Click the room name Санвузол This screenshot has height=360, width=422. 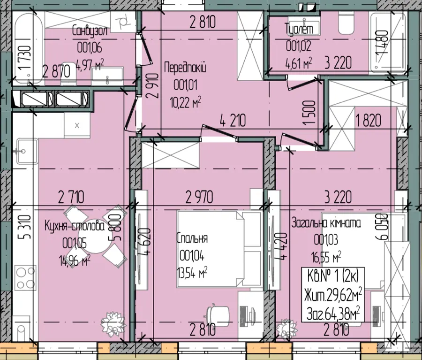[x=90, y=31]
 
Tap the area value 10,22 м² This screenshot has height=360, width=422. [x=186, y=103]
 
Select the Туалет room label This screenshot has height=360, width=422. [x=299, y=29]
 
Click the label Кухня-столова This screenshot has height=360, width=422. [x=75, y=226]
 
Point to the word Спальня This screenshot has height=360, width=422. [x=192, y=238]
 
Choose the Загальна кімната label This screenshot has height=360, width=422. [x=326, y=223]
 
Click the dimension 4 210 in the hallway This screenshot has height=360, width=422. [x=233, y=121]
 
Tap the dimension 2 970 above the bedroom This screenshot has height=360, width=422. [x=199, y=197]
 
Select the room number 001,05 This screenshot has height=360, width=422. [x=75, y=244]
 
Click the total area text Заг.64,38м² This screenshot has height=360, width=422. [x=333, y=314]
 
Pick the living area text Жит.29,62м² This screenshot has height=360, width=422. [x=333, y=295]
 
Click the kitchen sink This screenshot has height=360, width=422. [x=27, y=152]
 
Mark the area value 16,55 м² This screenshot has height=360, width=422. [x=326, y=257]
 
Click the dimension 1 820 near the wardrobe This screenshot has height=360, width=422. [x=368, y=120]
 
